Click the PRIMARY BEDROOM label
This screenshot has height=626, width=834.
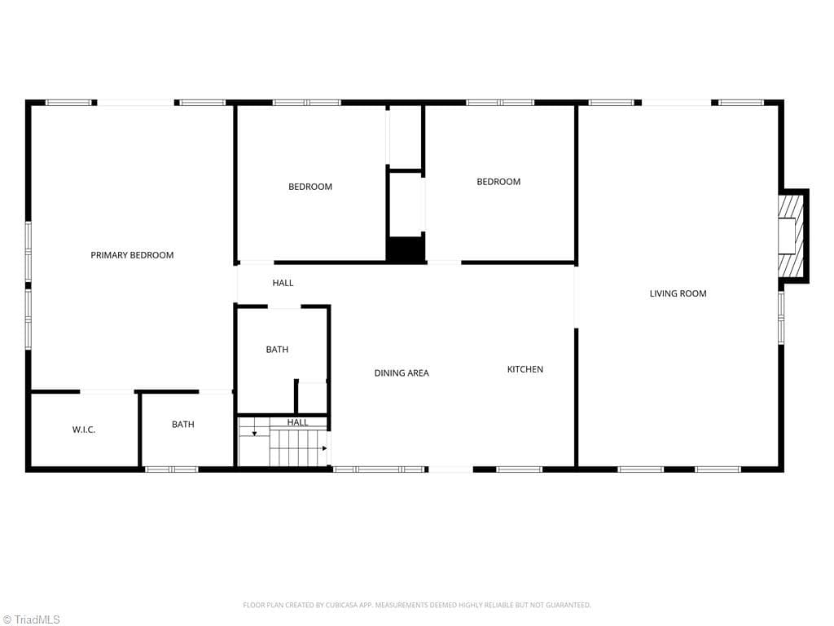pyautogui.click(x=132, y=255)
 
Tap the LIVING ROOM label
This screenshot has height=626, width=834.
pyautogui.click(x=678, y=293)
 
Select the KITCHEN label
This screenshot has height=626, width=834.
pyautogui.click(x=525, y=369)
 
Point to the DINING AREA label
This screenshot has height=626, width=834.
pyautogui.click(x=402, y=373)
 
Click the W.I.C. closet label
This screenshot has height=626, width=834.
pyautogui.click(x=84, y=430)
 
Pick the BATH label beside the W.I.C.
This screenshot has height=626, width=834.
pyautogui.click(x=183, y=424)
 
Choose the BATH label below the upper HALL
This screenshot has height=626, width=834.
pyautogui.click(x=277, y=349)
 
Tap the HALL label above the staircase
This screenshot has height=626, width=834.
pyautogui.click(x=298, y=422)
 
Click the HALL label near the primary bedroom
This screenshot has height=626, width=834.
pyautogui.click(x=283, y=283)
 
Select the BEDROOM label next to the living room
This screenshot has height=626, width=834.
pyautogui.click(x=498, y=182)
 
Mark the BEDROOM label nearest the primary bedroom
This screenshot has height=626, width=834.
pyautogui.click(x=310, y=187)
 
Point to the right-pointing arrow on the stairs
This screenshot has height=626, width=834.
pyautogui.click(x=324, y=448)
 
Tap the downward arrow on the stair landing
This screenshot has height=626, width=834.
pyautogui.click(x=254, y=433)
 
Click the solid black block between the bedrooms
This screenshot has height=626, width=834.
pyautogui.click(x=406, y=249)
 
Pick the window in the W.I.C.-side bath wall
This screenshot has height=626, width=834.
pyautogui.click(x=171, y=469)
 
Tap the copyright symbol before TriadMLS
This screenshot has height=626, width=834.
pyautogui.click(x=7, y=619)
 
